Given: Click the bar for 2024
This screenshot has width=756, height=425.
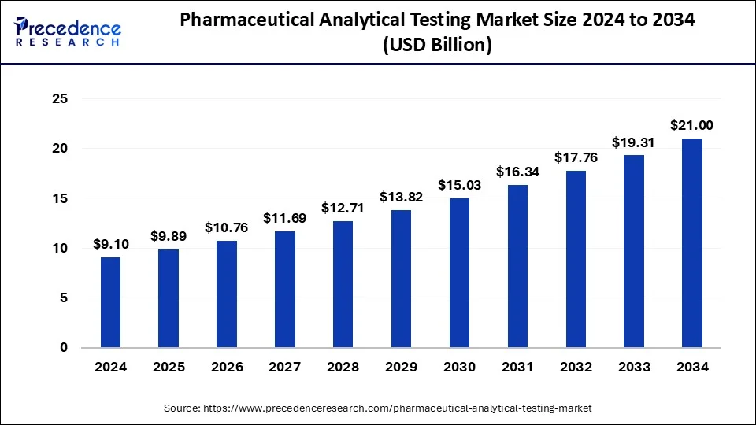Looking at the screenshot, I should click(110, 302).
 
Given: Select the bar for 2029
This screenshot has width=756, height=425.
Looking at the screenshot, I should click(400, 279).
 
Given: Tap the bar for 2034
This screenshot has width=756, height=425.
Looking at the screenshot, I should click(691, 243).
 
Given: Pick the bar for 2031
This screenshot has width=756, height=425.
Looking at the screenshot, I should click(517, 266).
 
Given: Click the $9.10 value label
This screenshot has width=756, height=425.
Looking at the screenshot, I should click(110, 244).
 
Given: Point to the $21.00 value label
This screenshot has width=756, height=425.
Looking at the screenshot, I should click(691, 125).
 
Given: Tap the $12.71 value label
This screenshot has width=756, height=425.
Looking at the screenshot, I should click(343, 208).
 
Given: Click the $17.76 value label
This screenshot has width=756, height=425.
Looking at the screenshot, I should click(575, 157).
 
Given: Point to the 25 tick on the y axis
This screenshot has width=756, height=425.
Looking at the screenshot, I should click(60, 99).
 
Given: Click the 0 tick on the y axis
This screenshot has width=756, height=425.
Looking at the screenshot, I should click(64, 348).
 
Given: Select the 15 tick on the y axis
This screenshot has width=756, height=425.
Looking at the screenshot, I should click(60, 199).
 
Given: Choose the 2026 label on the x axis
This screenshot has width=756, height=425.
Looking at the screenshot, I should click(226, 368).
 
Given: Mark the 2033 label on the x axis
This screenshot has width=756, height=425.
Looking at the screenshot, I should click(633, 368).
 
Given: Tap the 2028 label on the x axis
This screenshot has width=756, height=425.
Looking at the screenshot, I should click(343, 368).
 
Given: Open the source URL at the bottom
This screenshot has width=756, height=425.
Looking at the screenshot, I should click(377, 408).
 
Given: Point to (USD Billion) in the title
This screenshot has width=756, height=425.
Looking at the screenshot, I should click(437, 46).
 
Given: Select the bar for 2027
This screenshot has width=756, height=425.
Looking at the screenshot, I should click(284, 290).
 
